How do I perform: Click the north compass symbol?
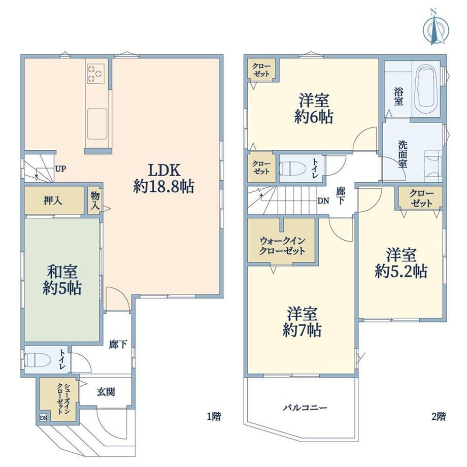(436, 28)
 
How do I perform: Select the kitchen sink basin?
(97, 124)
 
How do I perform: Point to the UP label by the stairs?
(60, 169)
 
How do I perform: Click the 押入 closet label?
(53, 201)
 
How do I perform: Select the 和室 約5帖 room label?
(62, 280)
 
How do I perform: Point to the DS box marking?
(44, 418)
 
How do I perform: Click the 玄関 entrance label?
(106, 392)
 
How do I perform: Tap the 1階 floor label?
(214, 416)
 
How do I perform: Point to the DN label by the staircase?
(323, 201)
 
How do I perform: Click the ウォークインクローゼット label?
(282, 245)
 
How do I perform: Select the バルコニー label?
(305, 407)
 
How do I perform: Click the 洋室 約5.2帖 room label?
(401, 263)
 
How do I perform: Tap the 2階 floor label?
(439, 416)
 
